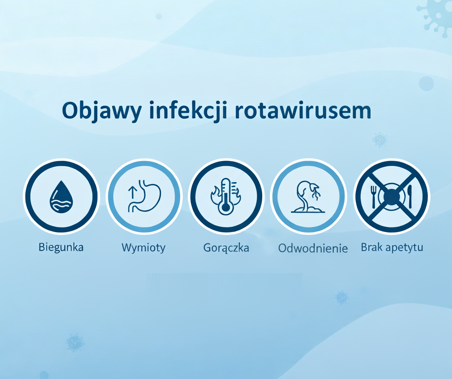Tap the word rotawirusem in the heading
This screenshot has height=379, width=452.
coord(303,110)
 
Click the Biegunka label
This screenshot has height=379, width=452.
coord(61,247)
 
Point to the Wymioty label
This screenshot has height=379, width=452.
coord(143,248)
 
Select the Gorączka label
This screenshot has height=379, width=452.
coord(226,248)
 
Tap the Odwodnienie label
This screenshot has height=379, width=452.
coord(313,248)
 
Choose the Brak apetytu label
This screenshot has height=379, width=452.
coord(392,247)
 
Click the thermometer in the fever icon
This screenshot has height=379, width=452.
coord(226,197)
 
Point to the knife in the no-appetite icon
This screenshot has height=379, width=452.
coord(410,196)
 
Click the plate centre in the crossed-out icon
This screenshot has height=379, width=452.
coord(392,196)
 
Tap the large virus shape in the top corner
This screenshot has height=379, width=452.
coord(435,13)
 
